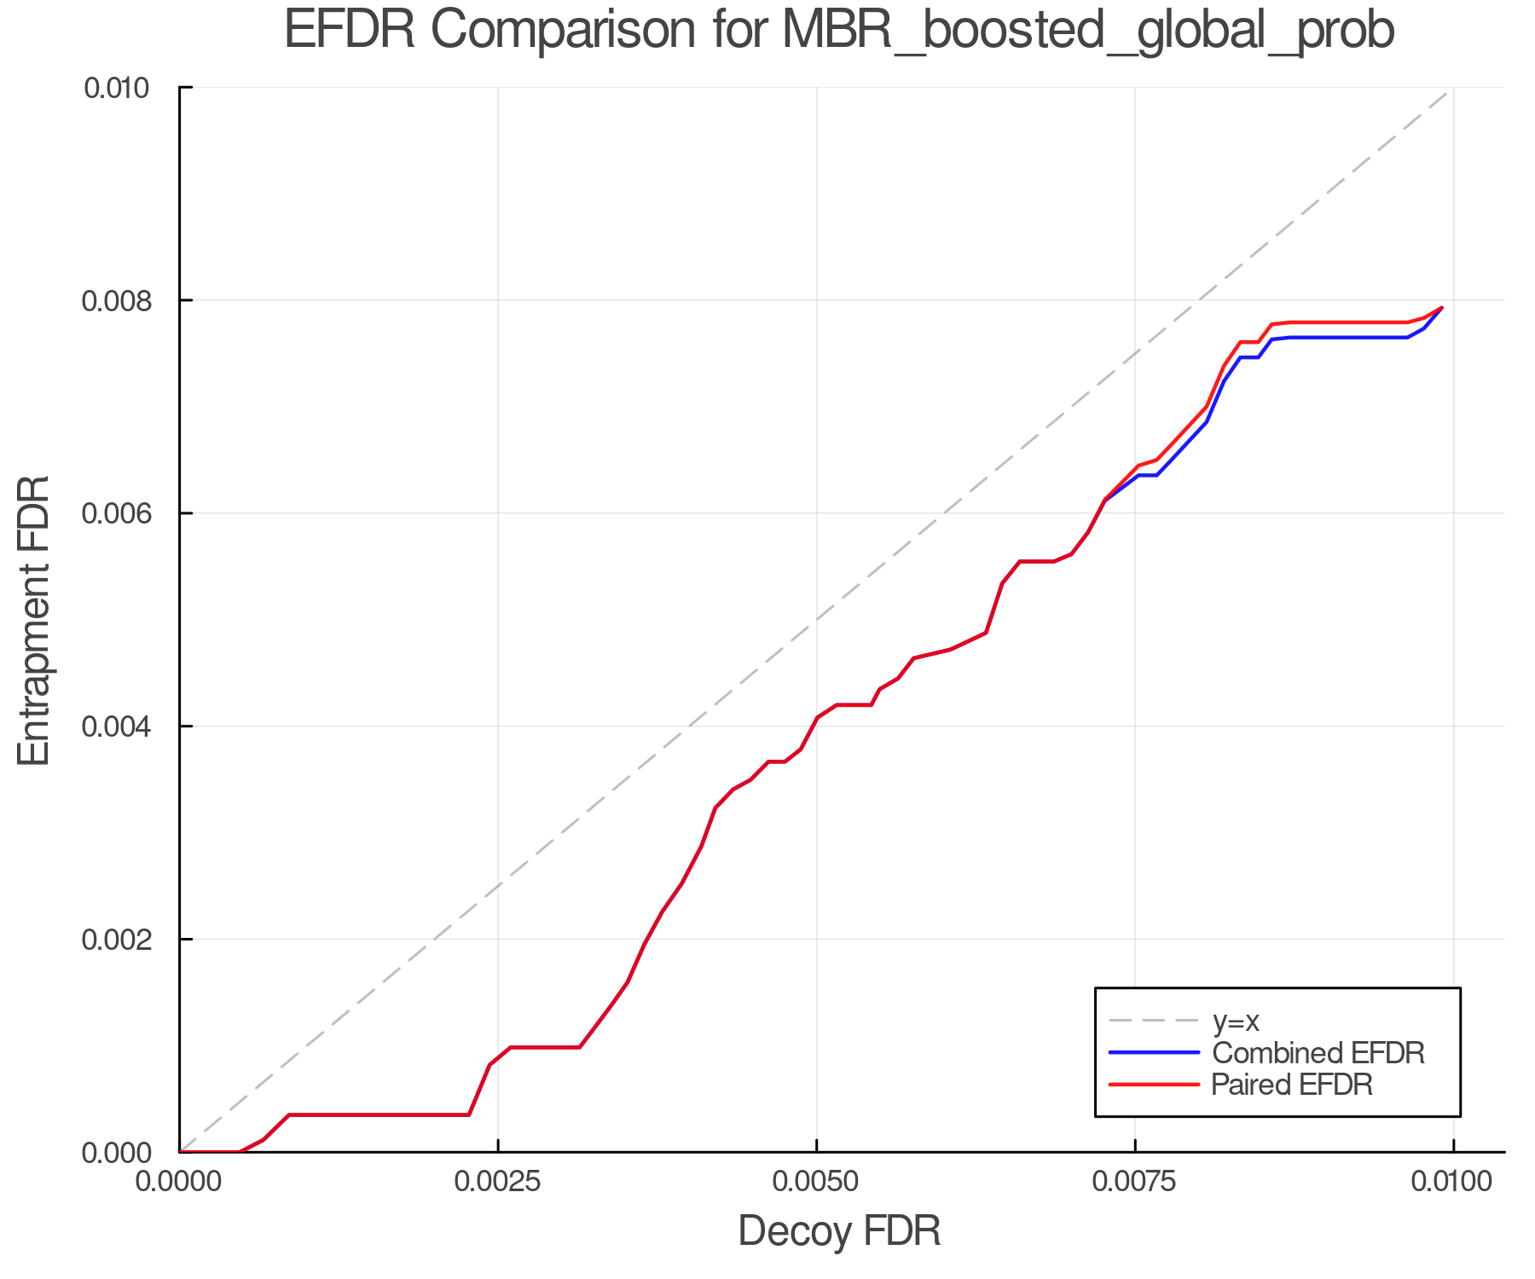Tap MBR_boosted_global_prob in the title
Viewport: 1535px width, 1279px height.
point(1087,32)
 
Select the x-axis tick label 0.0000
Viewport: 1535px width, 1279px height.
point(179,1182)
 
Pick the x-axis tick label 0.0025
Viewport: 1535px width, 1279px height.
point(498,1182)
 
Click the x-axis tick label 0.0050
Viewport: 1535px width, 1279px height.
point(817,1182)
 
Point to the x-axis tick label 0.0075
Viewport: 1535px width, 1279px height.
point(1135,1182)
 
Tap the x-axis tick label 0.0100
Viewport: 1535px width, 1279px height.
point(1453,1182)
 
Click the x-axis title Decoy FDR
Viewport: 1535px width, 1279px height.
point(839,1231)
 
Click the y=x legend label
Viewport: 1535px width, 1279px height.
point(1236,1021)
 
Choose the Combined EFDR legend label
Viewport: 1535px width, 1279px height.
point(1318,1053)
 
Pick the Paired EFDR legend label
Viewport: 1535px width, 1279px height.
point(1292,1085)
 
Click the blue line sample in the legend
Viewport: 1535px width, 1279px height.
point(1154,1053)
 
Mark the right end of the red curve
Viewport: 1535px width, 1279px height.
point(1441,308)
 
